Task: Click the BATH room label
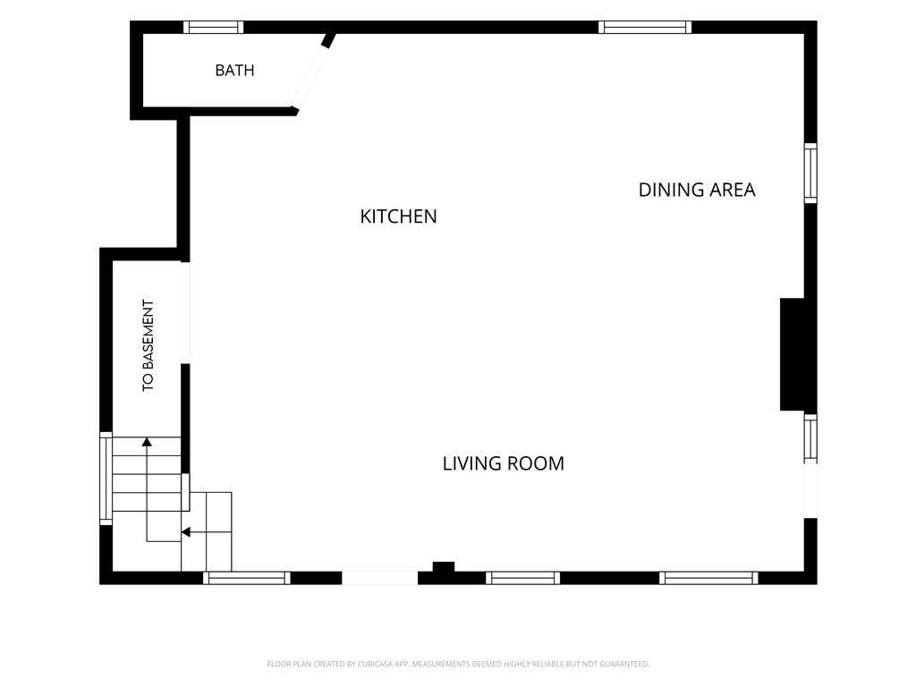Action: tap(234, 70)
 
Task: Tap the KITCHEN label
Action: tap(398, 216)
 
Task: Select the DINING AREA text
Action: tap(696, 190)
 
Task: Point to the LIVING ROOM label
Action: tap(503, 463)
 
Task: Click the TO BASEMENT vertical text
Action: tap(148, 345)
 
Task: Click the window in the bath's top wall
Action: tap(213, 27)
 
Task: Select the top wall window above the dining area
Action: tap(645, 27)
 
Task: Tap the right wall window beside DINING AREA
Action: tap(810, 174)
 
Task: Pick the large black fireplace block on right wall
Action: tap(793, 354)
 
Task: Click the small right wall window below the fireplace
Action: tap(810, 438)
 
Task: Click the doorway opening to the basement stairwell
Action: tap(185, 312)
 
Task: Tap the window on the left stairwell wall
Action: tap(106, 479)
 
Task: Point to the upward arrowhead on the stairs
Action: tap(147, 442)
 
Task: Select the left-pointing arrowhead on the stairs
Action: tap(186, 532)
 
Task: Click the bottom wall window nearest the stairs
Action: tap(247, 578)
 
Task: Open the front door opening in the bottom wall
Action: tap(379, 578)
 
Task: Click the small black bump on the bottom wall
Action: tap(444, 566)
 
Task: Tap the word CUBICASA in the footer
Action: tap(375, 665)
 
